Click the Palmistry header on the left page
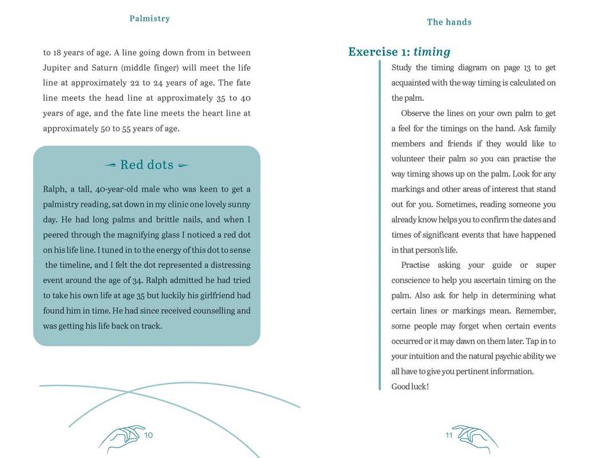tap(149, 18)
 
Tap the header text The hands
tap(449, 22)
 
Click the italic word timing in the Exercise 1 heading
tap(432, 52)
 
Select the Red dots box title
tap(147, 165)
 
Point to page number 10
tap(148, 435)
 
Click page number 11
tap(449, 435)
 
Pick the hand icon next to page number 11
tap(475, 438)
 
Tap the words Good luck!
tap(409, 386)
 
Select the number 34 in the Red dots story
tap(135, 281)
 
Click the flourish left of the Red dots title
tap(111, 165)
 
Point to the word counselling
tap(227, 311)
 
